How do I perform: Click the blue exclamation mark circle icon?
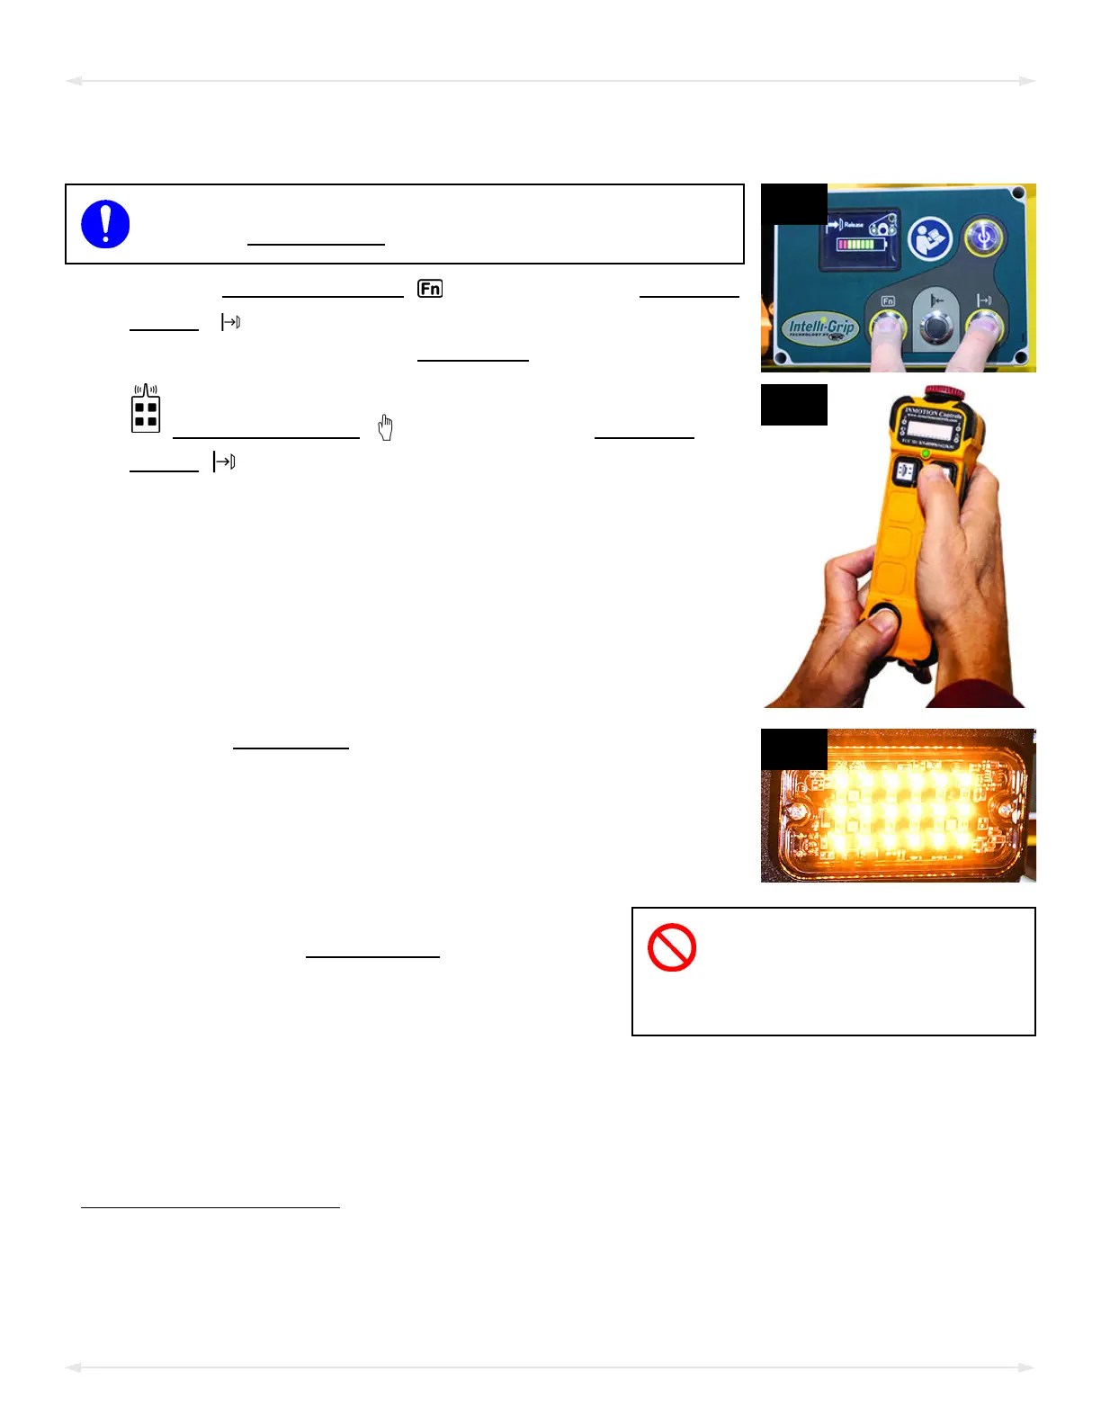pyautogui.click(x=105, y=224)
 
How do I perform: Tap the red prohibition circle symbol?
pyautogui.click(x=672, y=947)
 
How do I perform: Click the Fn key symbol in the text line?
pyautogui.click(x=430, y=289)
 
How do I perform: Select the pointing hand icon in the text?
pyautogui.click(x=385, y=427)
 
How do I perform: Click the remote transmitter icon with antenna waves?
pyautogui.click(x=146, y=409)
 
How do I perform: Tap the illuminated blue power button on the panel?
pyautogui.click(x=983, y=237)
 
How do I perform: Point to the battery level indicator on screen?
pyautogui.click(x=862, y=245)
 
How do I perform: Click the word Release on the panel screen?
pyautogui.click(x=854, y=225)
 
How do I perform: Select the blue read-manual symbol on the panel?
pyautogui.click(x=930, y=239)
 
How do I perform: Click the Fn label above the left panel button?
pyautogui.click(x=888, y=300)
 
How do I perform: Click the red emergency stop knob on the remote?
pyautogui.click(x=943, y=392)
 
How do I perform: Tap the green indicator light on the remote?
pyautogui.click(x=926, y=453)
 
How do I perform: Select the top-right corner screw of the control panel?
pyautogui.click(x=1018, y=193)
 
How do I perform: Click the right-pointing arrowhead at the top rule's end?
pyautogui.click(x=1027, y=81)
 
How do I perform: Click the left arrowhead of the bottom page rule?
pyautogui.click(x=74, y=1367)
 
